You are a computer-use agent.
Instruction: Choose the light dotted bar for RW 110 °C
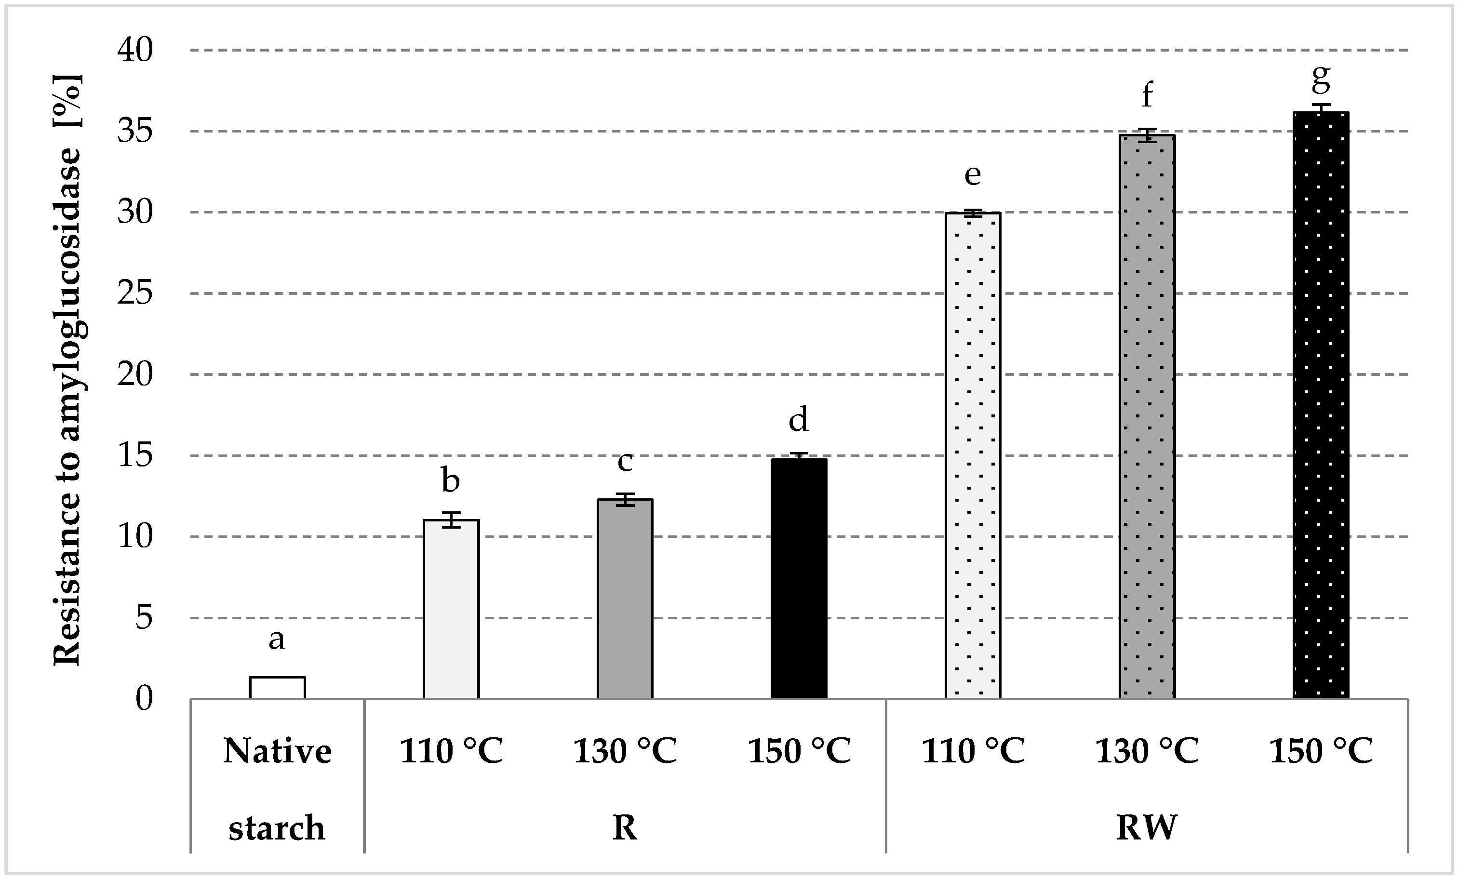point(973,455)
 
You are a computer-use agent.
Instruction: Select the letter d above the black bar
point(799,419)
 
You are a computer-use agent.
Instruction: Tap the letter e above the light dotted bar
point(973,175)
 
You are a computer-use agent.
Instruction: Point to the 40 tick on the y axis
point(135,50)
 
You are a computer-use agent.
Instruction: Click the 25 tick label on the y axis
point(135,293)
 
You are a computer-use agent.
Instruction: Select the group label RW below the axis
point(1146,827)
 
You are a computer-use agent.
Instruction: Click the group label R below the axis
point(625,827)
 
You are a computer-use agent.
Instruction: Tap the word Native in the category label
point(277,751)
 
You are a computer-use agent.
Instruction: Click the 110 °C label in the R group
point(451,751)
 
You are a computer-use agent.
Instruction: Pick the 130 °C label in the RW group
point(1147,751)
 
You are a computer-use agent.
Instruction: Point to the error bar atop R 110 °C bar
point(451,519)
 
